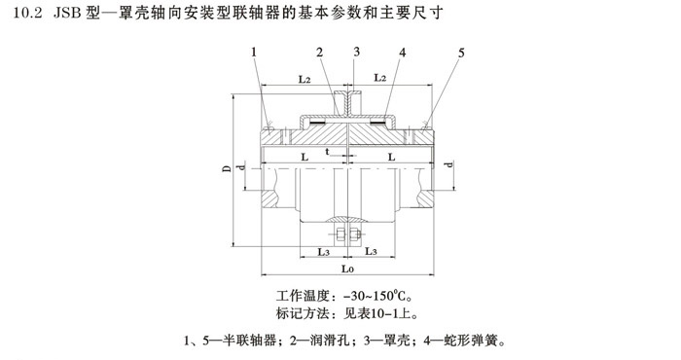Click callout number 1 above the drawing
pyautogui.click(x=254, y=52)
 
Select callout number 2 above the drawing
pyautogui.click(x=318, y=52)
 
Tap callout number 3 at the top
pyautogui.click(x=357, y=52)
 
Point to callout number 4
pyautogui.click(x=401, y=52)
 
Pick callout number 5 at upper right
pyautogui.click(x=462, y=52)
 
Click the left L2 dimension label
pyautogui.click(x=305, y=78)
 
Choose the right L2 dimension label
pyautogui.click(x=382, y=78)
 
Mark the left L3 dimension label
pyautogui.click(x=323, y=251)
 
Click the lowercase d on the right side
pyautogui.click(x=448, y=165)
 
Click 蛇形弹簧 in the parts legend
pyautogui.click(x=477, y=342)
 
